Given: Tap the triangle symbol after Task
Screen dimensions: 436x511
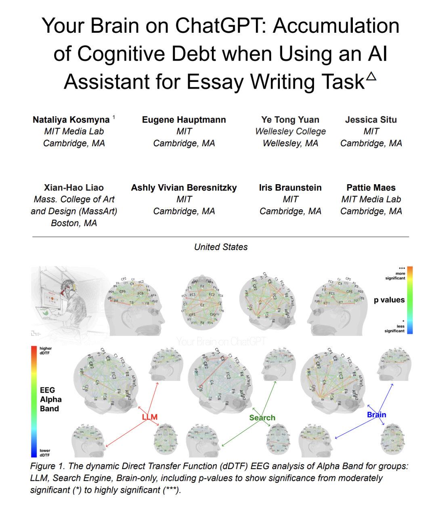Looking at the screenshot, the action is (x=371, y=76).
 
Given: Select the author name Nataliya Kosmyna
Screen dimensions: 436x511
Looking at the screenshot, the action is (x=71, y=120).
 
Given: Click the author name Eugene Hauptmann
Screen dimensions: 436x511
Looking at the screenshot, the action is (x=184, y=120).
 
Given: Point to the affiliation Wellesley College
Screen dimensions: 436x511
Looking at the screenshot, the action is (x=290, y=131).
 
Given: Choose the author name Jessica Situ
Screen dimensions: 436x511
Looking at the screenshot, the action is (x=371, y=120).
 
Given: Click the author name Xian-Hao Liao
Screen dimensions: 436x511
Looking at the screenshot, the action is (x=74, y=187).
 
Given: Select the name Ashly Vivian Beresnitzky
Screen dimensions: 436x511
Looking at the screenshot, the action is (x=184, y=187).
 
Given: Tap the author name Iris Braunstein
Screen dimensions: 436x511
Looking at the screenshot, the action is (x=290, y=187).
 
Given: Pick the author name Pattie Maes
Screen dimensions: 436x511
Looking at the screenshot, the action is (x=371, y=187).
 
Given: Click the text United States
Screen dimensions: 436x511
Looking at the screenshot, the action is (x=221, y=247).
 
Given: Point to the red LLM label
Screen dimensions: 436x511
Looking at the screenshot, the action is (x=150, y=417).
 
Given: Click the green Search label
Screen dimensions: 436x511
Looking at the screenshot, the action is (x=262, y=418).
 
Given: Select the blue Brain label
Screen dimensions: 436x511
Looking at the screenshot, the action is (x=376, y=415).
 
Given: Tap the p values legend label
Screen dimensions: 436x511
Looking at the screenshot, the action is (x=389, y=300).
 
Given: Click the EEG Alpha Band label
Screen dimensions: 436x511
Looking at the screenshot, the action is (x=50, y=399).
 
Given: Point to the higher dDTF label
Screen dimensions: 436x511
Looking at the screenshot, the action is (x=45, y=351).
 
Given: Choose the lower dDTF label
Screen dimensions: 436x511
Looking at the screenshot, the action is (x=45, y=453).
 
